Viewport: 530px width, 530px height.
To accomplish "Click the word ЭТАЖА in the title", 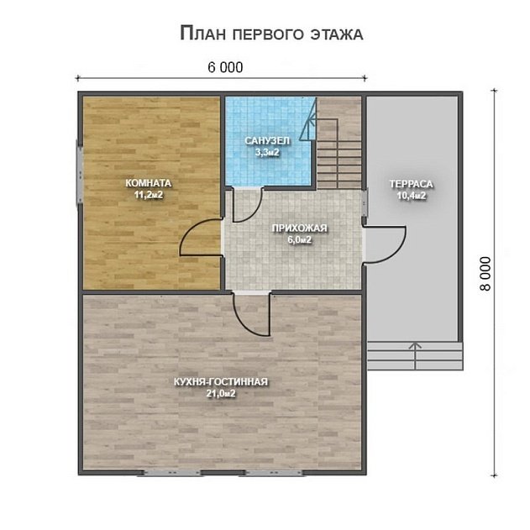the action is pyautogui.click(x=336, y=34).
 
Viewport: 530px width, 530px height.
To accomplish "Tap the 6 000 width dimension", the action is pyautogui.click(x=225, y=67).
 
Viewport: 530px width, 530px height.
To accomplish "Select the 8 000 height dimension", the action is pyautogui.click(x=485, y=274).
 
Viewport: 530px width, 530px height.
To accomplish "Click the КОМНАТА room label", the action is pyautogui.click(x=149, y=183).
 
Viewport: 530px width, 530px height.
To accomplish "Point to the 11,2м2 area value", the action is pyautogui.click(x=149, y=195).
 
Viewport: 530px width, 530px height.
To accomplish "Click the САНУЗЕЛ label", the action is pyautogui.click(x=267, y=140).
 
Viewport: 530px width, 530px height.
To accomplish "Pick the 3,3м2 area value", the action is pyautogui.click(x=267, y=152).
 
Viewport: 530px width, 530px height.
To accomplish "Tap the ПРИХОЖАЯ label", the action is pyautogui.click(x=300, y=228).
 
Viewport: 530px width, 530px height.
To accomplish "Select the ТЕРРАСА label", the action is pyautogui.click(x=411, y=184).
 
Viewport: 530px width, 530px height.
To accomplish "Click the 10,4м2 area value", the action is pyautogui.click(x=412, y=196).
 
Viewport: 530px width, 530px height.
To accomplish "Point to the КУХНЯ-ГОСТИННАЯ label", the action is pyautogui.click(x=221, y=382).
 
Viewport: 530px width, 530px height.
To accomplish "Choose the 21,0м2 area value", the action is pyautogui.click(x=221, y=394).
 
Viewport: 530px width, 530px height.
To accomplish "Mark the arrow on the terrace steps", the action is pyautogui.click(x=415, y=355).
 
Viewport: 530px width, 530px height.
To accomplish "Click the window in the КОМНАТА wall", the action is pyautogui.click(x=80, y=175).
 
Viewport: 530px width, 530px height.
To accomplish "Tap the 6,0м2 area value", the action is pyautogui.click(x=300, y=240).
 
